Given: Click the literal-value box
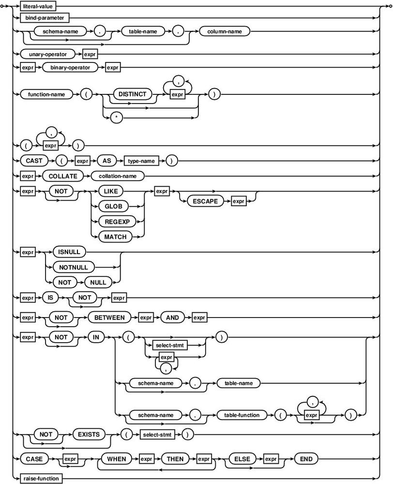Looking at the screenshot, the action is pos(38,6).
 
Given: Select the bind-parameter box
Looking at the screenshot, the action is pos(45,18).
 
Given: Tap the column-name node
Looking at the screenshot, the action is pos(225,31).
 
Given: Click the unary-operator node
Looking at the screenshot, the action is pos(47,54).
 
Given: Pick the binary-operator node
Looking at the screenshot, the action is pos(70,68).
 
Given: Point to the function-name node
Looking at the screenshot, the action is pos(46,94).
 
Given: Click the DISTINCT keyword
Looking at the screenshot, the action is pos(133,94).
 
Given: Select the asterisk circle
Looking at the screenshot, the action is pos(116,118).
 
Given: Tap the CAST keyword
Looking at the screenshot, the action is pos(34,161).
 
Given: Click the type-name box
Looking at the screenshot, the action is pos(141,161).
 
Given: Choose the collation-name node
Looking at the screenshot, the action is pos(118,176).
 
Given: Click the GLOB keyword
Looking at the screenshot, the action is pos(113,206).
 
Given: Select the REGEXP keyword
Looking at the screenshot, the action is pos(117,222).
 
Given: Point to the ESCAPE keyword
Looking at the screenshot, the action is pos(205,201).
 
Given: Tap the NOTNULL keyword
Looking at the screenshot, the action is pos(74,267).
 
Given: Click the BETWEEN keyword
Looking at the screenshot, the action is pos(109,318).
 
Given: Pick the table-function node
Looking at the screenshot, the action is pos(242,415).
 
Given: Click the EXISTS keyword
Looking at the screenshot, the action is pos(89,435).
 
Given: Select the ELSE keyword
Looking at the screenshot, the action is pos(242,459).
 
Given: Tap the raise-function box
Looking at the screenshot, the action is pos(41,479).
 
